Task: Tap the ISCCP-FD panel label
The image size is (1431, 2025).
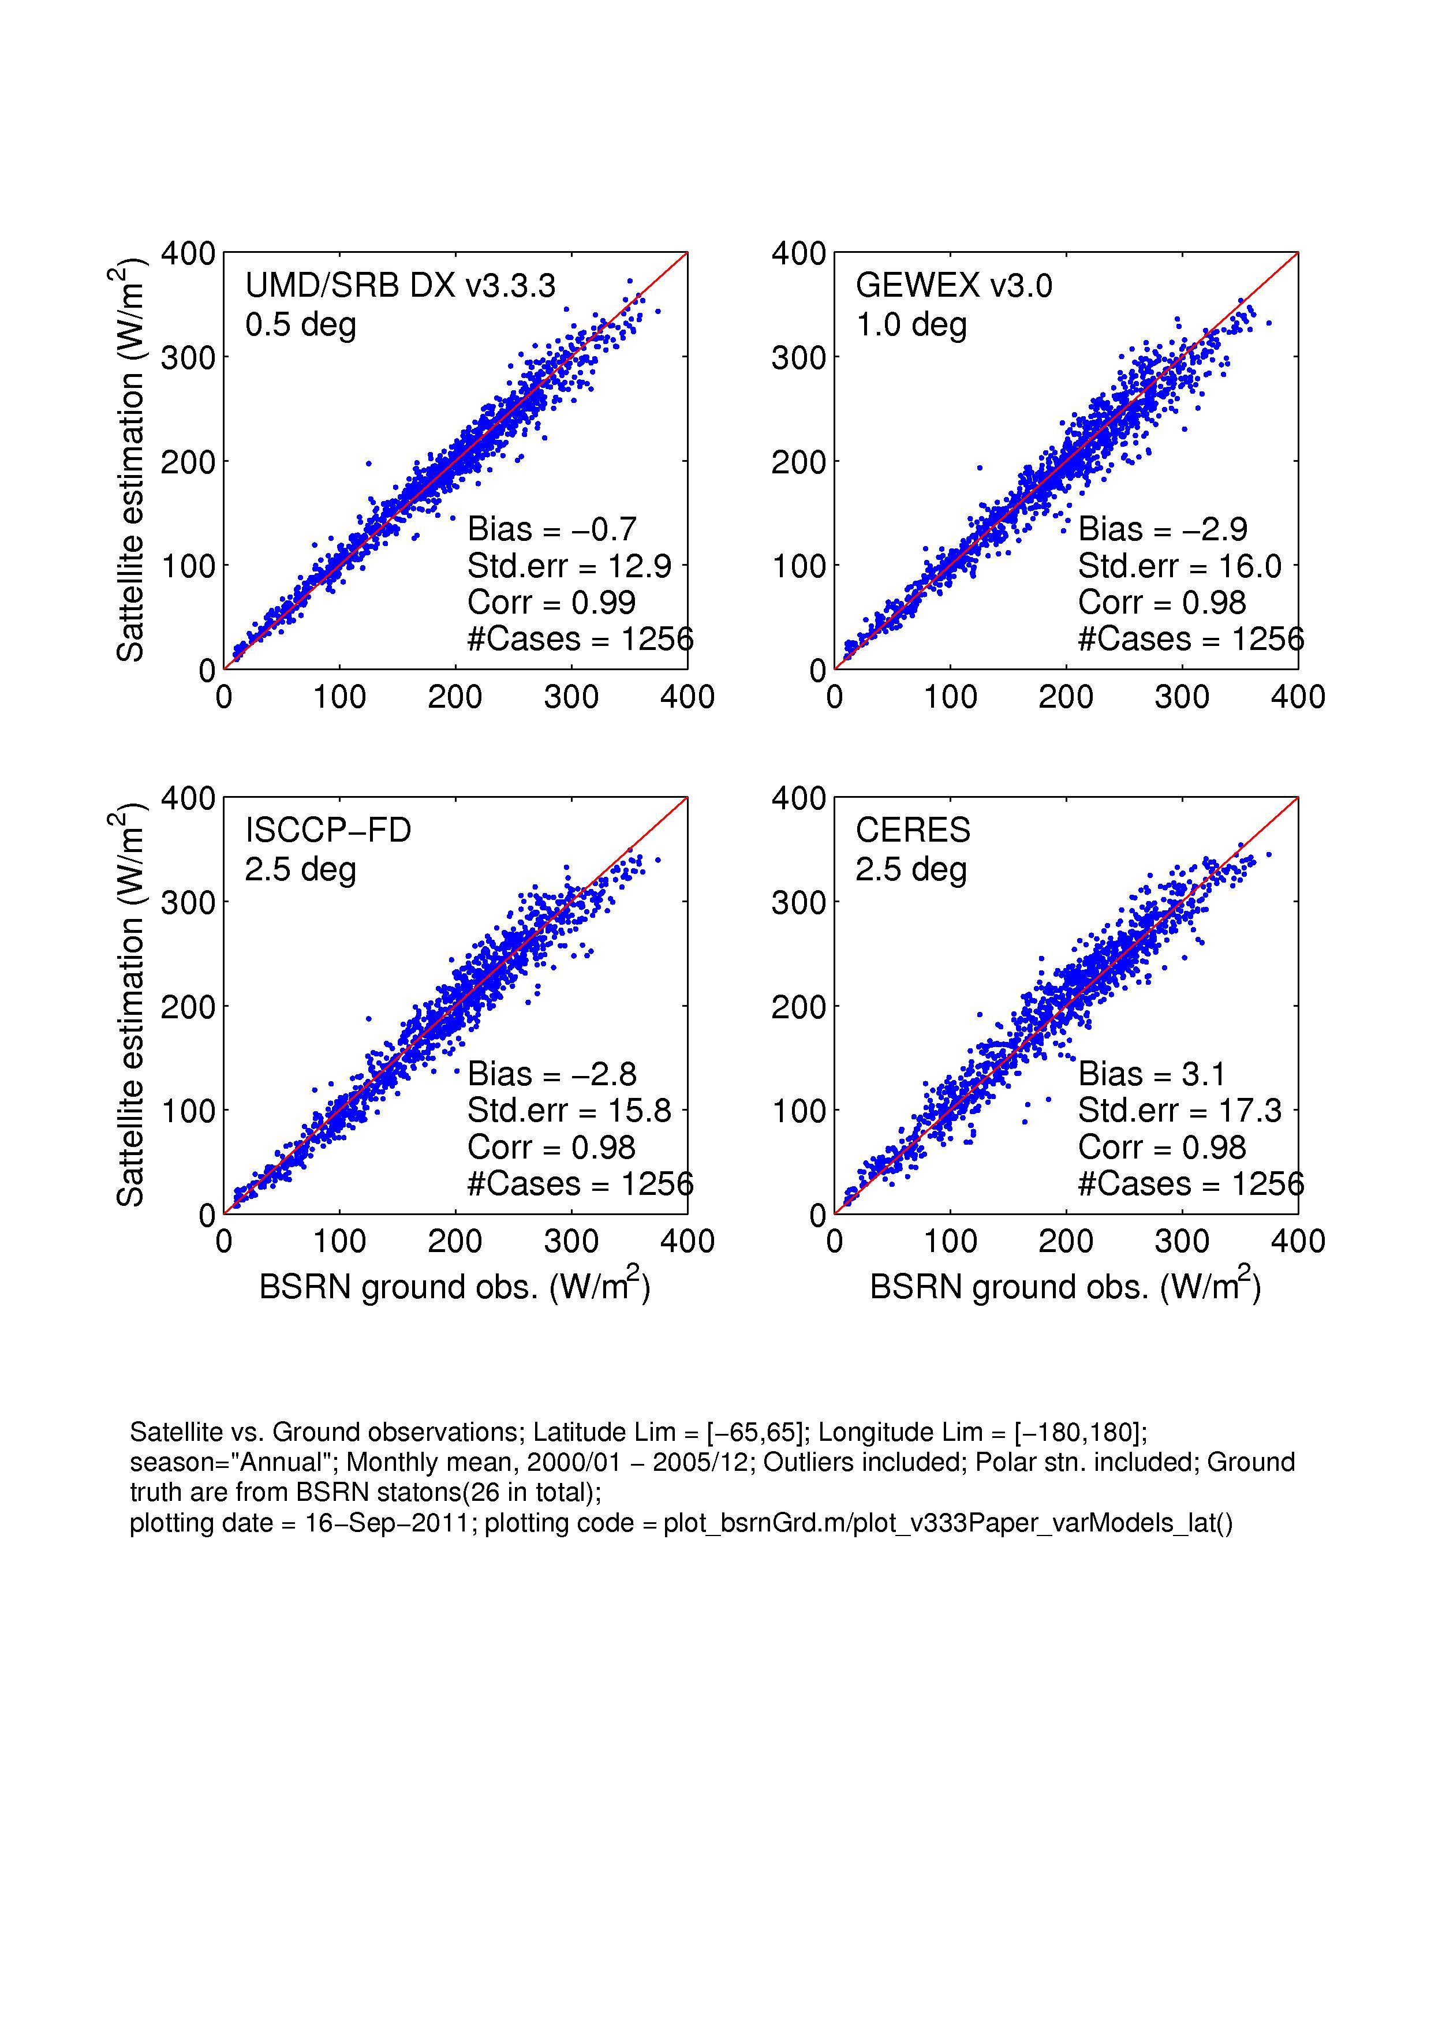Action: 328,831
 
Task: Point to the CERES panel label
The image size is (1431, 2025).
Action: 913,831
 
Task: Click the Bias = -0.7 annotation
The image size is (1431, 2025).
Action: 552,529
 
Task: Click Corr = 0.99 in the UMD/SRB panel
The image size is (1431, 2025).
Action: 551,603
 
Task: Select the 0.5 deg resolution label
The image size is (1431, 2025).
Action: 301,326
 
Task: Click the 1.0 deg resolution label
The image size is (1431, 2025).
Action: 911,326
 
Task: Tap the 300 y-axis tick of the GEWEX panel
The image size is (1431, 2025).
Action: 799,358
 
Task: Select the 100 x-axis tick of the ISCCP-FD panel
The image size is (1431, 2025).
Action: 339,1242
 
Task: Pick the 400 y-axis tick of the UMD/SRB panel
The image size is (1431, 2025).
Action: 188,254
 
